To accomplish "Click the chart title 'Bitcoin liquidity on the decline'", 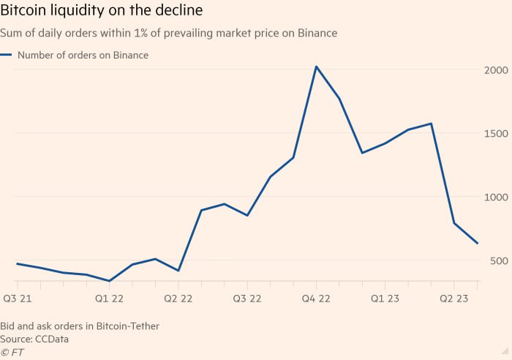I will click(x=102, y=12).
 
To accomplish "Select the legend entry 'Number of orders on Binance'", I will click(x=82, y=55).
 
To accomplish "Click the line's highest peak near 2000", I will click(x=316, y=67).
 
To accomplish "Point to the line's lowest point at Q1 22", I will click(x=109, y=281).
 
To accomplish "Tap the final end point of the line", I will click(x=478, y=244).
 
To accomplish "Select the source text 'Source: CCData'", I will click(x=33, y=338).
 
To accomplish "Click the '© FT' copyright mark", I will click(x=12, y=352).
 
